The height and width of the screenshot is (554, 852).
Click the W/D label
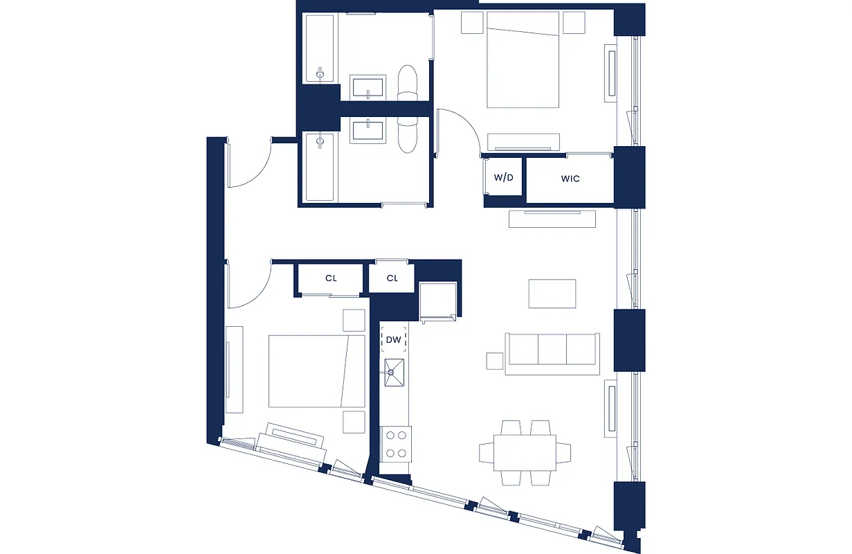coord(503,178)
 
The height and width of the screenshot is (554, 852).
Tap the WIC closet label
coord(570,179)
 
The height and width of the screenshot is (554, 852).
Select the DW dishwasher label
coord(394,339)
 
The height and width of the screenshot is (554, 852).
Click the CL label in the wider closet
coord(331,278)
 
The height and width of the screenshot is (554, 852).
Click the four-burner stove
coord(396,444)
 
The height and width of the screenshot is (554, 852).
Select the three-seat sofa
coord(552,353)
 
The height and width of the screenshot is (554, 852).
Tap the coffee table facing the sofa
coord(552,294)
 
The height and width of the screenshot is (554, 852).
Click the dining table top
coord(525,452)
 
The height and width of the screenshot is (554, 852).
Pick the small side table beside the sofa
coord(494,361)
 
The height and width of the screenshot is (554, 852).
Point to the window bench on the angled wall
coord(291,439)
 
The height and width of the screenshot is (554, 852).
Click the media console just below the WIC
coord(552,219)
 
